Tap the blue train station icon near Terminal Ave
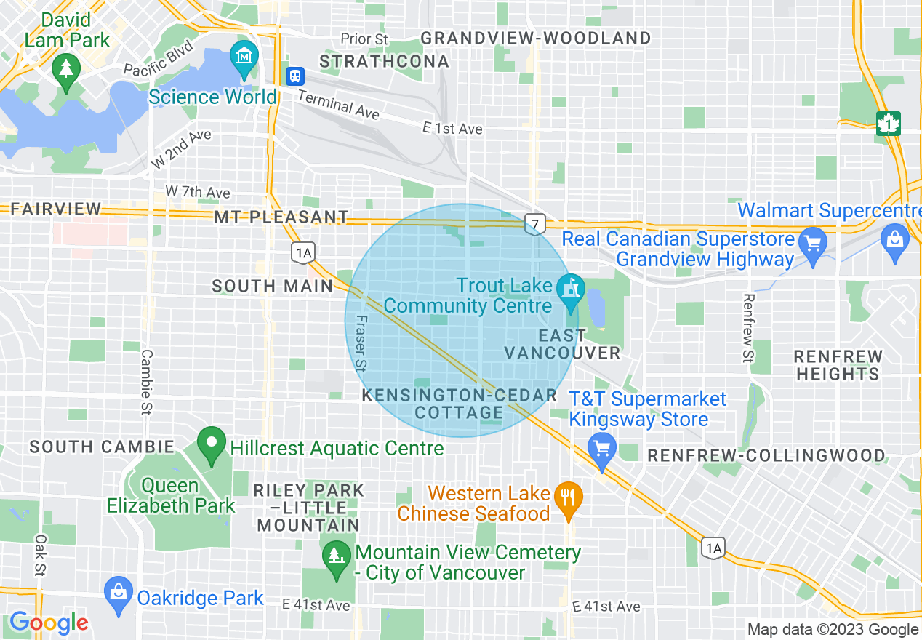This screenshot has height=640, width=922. click(x=294, y=76)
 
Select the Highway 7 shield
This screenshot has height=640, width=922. click(x=534, y=225)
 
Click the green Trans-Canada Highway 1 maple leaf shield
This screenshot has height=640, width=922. click(x=888, y=123)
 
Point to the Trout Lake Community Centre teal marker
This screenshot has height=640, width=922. click(x=571, y=287)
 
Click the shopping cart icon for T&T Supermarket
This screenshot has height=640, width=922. click(x=601, y=447)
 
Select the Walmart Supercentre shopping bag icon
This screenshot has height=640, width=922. click(x=894, y=238)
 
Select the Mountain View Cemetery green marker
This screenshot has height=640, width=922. click(x=336, y=558)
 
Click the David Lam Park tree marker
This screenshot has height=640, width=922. click(x=66, y=71)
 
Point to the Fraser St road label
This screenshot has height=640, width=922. click(x=360, y=343)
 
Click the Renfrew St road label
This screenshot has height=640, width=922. click(x=747, y=327)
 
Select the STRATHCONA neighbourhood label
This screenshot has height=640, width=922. click(x=385, y=62)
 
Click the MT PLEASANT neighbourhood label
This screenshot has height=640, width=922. click(x=281, y=217)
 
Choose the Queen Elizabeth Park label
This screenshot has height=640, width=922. click(x=171, y=495)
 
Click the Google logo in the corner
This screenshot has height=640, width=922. click(x=49, y=623)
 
